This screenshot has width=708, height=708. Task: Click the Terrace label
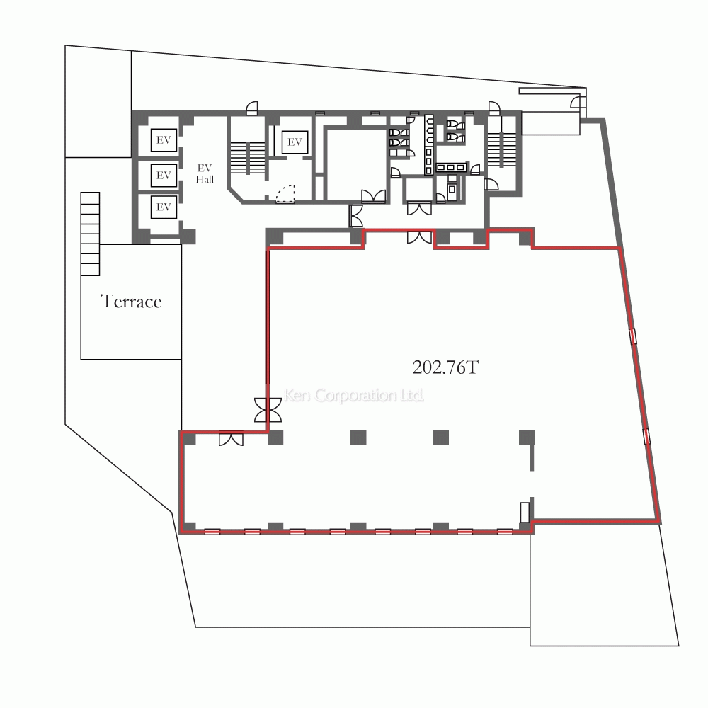131,301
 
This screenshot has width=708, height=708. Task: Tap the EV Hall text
205,174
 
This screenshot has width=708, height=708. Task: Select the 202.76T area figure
445,367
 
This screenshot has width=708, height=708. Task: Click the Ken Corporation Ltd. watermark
353,395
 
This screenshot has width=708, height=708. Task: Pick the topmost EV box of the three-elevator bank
164,140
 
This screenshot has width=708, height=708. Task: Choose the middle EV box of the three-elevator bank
164,175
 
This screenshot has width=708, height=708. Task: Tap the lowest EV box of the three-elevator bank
164,207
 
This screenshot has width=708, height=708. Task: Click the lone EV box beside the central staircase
295,142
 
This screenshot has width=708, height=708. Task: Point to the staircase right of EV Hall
247,158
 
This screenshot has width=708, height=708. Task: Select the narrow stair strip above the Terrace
91,234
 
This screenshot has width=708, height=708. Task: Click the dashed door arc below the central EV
285,194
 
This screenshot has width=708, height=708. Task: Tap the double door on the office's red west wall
268,410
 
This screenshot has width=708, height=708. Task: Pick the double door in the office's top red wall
419,237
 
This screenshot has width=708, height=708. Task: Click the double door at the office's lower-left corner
232,439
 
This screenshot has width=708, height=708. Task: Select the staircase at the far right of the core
502,149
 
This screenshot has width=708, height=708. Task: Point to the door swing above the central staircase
252,108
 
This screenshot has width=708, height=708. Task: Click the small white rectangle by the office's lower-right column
525,513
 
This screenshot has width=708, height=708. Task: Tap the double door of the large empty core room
373,196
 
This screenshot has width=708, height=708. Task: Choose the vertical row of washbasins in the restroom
428,144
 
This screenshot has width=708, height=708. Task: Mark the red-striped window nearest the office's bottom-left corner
212,532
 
